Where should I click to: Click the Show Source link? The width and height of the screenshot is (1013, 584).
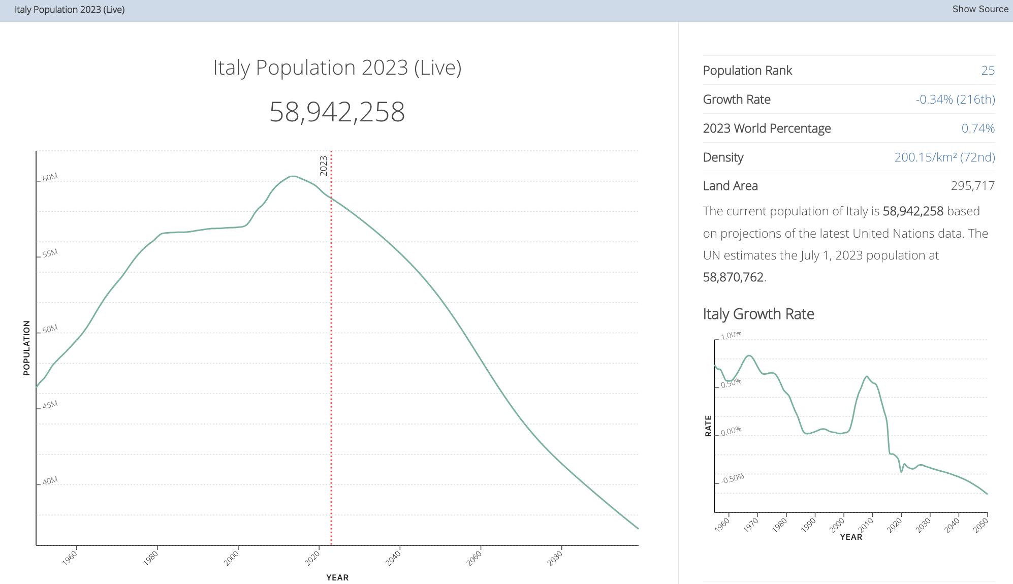[980, 9]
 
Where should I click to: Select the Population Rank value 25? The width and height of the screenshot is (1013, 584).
[988, 71]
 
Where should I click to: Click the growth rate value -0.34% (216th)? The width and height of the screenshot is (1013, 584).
[955, 100]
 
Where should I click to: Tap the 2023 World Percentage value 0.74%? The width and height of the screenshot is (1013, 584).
[978, 128]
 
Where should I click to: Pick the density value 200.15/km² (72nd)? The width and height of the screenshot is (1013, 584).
[944, 157]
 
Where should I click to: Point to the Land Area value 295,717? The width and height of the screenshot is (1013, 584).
[972, 186]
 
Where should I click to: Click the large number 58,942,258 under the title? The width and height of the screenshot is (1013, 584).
[337, 112]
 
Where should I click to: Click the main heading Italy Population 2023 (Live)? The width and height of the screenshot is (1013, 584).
[337, 68]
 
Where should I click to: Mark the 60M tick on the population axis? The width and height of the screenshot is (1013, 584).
[50, 177]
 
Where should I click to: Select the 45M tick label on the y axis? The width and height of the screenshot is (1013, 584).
[50, 405]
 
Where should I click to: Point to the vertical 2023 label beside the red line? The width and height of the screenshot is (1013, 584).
[324, 166]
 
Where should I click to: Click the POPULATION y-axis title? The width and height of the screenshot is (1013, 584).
[26, 348]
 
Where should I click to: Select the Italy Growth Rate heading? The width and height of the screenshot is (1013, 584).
[758, 314]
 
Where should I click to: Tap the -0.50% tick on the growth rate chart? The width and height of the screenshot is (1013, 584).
[733, 478]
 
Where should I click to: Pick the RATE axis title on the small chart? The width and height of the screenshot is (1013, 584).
[708, 426]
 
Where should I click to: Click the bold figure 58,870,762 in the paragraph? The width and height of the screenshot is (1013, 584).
[733, 277]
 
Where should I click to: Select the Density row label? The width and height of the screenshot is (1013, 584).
[723, 157]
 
